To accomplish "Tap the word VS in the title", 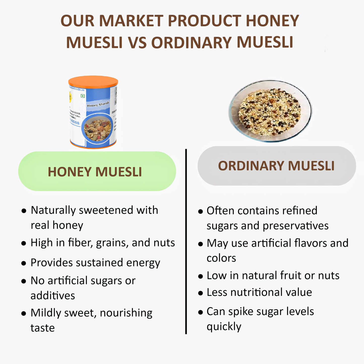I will click(x=137, y=42).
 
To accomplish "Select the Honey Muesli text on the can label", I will click(x=98, y=104).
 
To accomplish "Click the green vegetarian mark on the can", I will click(x=83, y=96).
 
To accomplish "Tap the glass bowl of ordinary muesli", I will click(x=270, y=111).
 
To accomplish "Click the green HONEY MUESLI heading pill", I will click(x=97, y=171).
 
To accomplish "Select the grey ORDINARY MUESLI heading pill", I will click(x=276, y=166).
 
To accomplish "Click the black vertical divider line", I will click(x=186, y=242).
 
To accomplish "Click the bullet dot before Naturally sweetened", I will click(x=24, y=211).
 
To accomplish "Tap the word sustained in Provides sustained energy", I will click(x=100, y=262).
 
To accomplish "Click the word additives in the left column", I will click(x=53, y=295).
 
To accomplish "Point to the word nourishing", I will click(x=126, y=313).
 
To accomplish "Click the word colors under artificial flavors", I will click(x=221, y=258).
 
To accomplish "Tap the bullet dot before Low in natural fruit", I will click(x=201, y=276).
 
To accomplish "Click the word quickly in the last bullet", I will click(x=224, y=327).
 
